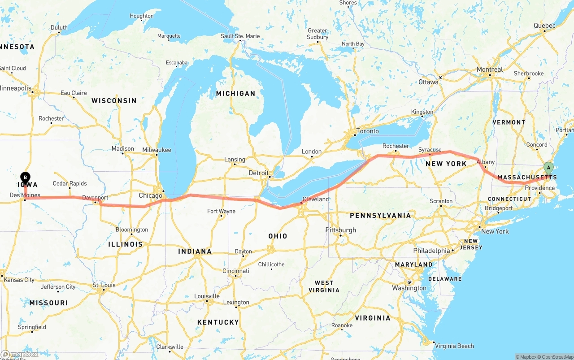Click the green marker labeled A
pos(548,168)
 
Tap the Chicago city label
pos(150,196)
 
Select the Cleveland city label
pos(315,199)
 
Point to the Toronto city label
pos(367,131)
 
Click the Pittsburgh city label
pos(340,230)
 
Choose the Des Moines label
pos(25,195)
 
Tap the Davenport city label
pos(95,198)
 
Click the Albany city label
pos(485,162)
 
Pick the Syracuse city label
pos(430,150)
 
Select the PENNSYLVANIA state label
pos(380,216)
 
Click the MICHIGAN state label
pos(235,94)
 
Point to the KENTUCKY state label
pos(218,322)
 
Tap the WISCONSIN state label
pos(114,101)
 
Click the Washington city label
pos(409,288)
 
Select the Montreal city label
pos(490,69)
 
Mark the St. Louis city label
pos(104,285)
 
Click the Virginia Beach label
pos(454,346)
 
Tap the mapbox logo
pos(20,355)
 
